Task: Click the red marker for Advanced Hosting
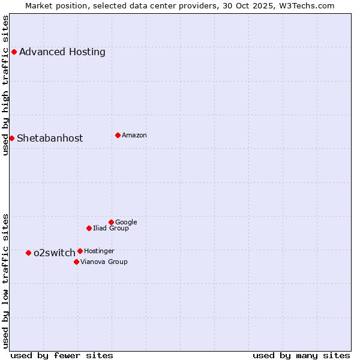click(x=14, y=52)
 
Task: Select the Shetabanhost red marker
click(x=11, y=138)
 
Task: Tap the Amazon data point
click(x=118, y=135)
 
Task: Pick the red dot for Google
click(x=111, y=222)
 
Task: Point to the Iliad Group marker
click(x=89, y=228)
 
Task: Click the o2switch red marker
click(x=28, y=253)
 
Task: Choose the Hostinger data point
click(x=80, y=251)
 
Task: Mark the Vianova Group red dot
click(x=76, y=262)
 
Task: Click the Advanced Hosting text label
click(x=62, y=52)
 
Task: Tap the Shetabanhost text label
click(x=50, y=138)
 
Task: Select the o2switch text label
click(x=55, y=253)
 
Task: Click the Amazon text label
click(x=134, y=135)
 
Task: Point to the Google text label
click(x=126, y=222)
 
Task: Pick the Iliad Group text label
click(x=111, y=228)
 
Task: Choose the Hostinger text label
click(x=99, y=251)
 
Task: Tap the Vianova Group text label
click(x=104, y=262)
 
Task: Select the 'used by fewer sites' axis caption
click(x=62, y=355)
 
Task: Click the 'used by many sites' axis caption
click(x=301, y=355)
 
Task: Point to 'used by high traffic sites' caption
click(x=5, y=85)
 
